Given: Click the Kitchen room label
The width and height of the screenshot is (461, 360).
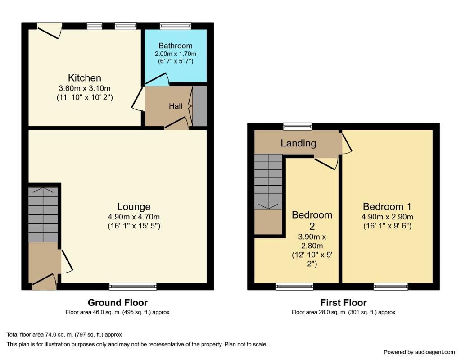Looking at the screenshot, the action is point(84,77).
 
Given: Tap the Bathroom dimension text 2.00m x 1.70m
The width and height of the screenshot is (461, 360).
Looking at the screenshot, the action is point(176,54).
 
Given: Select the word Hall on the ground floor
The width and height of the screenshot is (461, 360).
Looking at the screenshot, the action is point(176,106).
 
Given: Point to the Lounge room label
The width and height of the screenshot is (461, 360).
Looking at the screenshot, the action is point(134,207).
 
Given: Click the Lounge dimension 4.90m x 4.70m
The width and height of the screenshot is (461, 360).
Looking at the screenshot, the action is point(134,217).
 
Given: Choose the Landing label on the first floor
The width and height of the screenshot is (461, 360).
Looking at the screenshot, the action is point(298,143).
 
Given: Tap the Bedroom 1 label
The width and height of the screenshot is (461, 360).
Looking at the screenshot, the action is point(387,207).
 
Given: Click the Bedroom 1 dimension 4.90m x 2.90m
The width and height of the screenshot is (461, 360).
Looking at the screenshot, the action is point(387,217).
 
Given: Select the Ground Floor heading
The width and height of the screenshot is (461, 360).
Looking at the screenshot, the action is point(118,303).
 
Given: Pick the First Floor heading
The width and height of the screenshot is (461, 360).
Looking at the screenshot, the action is point(343,303).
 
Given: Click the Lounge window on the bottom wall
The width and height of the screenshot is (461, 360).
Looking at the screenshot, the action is point(133,287).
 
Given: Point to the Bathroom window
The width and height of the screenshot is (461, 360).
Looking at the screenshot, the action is point(176,26).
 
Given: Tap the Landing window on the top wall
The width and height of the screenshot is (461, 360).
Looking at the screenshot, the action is point(297,127).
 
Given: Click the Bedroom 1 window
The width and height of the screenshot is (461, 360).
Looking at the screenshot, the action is point(391,287).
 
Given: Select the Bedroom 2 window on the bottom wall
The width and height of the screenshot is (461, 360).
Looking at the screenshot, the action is point(294,287).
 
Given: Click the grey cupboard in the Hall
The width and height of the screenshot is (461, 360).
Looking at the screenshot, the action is point(199,106).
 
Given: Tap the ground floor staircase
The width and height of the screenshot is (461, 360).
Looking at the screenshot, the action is point(43,214).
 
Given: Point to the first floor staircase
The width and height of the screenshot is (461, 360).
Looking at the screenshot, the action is point(268,182).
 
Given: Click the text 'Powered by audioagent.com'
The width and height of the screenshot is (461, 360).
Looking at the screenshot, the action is point(419,352).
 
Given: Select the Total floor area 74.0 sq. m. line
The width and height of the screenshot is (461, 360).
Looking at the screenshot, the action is point(64,335).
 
